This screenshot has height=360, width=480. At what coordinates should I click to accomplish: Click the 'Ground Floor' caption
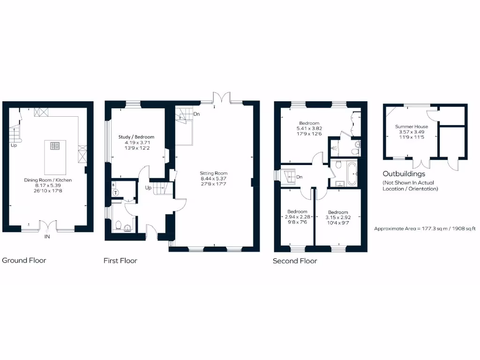[24, 260]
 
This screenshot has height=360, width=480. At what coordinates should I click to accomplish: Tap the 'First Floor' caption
[120, 261]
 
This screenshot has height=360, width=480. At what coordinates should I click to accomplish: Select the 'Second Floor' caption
[295, 261]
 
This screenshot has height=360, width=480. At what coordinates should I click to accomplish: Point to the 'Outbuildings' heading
[404, 174]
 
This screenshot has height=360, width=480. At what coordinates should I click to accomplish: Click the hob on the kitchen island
[55, 146]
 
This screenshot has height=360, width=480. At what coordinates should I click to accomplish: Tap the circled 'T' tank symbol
[115, 192]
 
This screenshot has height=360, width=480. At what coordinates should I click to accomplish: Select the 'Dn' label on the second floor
[300, 177]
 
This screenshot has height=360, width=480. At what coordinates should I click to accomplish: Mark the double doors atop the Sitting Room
[220, 97]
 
